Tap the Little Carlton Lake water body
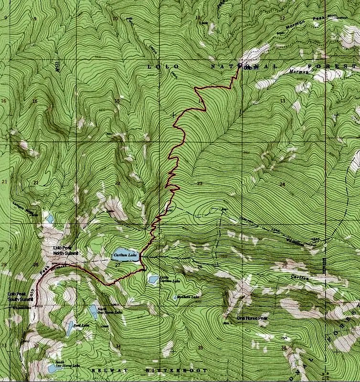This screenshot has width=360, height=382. (x=153, y=279)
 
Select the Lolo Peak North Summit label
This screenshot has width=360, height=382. (x=65, y=250)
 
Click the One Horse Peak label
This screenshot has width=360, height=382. (x=253, y=318)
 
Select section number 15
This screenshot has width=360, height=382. (x=117, y=101)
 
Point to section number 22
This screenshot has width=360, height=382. (x=117, y=183)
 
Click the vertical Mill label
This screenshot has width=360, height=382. (x=58, y=66)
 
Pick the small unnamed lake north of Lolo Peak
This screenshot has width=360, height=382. (x=50, y=220)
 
